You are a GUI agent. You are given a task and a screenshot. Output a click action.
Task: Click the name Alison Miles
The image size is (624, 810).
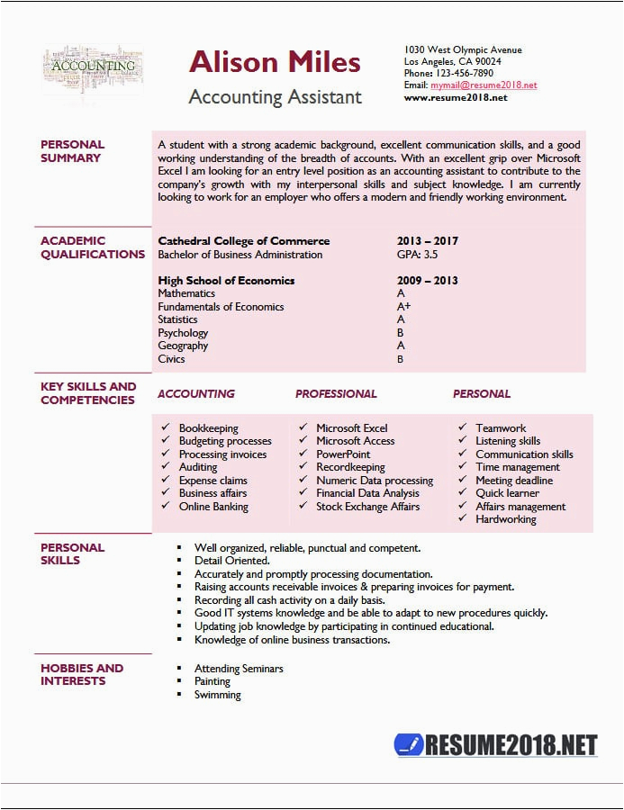(275, 62)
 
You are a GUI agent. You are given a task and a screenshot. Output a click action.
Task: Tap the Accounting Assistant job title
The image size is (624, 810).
(275, 97)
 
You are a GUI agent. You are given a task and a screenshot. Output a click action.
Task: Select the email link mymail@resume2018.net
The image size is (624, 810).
(483, 85)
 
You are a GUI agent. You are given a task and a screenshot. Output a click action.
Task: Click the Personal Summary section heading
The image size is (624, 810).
(72, 151)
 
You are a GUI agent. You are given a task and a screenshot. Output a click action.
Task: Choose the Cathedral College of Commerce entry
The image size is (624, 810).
(243, 241)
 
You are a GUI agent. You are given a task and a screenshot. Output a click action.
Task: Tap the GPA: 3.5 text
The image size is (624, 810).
(418, 255)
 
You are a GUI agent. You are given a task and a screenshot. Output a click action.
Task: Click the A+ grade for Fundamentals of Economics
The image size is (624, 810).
(403, 307)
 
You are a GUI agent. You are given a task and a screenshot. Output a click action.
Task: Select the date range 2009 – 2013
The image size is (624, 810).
(427, 281)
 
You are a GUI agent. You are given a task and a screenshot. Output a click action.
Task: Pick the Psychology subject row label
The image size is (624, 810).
(183, 333)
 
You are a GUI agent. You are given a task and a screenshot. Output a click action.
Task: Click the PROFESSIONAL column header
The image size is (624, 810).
(336, 394)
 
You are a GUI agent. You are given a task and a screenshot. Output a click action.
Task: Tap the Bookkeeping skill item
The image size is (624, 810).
(208, 428)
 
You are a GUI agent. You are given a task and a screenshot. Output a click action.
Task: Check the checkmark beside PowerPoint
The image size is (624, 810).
(303, 454)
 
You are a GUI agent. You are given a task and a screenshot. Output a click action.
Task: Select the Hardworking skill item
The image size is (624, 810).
(505, 519)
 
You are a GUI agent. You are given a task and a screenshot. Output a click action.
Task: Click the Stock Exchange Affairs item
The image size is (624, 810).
(367, 507)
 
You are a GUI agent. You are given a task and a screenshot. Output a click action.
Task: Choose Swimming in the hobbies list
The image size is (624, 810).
(218, 695)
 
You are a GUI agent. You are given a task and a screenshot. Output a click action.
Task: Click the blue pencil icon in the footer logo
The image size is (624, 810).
(409, 744)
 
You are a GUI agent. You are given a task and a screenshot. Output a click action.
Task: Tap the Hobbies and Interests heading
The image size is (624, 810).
(82, 674)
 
